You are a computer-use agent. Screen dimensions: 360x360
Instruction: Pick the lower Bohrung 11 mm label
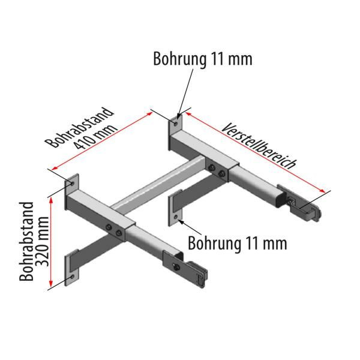tap(236, 243)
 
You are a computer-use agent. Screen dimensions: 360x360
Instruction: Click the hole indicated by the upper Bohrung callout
tap(175, 122)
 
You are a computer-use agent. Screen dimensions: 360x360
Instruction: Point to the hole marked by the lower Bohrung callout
tap(176, 216)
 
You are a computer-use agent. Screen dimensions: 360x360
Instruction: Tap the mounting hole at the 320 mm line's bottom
tap(71, 278)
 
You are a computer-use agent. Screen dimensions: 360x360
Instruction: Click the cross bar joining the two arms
tap(159, 186)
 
